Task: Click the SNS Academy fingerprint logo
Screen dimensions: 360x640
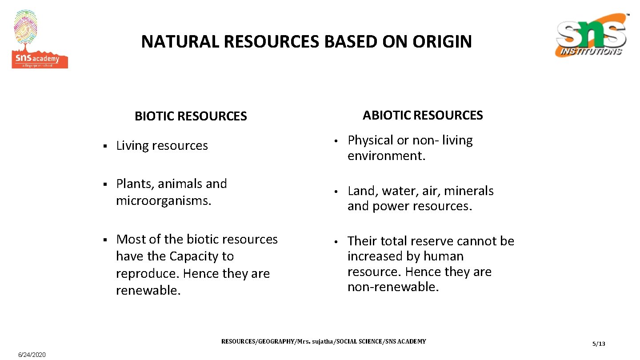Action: coord(39,40)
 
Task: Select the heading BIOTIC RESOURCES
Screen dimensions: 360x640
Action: coord(191,116)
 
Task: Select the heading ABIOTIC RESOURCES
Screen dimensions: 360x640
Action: coord(422,116)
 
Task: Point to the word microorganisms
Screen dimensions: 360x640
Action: coord(163,201)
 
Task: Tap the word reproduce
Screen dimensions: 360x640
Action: coord(147,274)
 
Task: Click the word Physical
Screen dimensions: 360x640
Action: coord(371,140)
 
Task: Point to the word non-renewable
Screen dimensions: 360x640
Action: coord(393,287)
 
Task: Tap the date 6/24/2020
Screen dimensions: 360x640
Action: coord(32,355)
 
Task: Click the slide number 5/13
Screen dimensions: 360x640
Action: coord(599,344)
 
